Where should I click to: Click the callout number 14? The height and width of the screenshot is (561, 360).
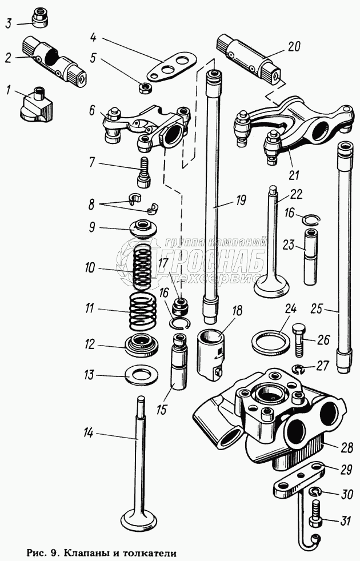[x=87, y=434]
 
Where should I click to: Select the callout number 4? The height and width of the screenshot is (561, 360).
[x=96, y=39]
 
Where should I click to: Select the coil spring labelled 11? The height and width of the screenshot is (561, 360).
[x=142, y=312]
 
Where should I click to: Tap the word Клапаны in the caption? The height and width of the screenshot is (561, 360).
[x=87, y=553]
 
